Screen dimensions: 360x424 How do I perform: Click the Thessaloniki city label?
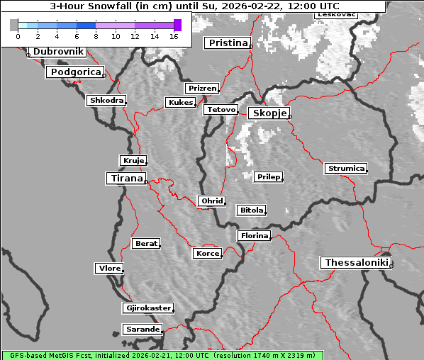coord(357,263)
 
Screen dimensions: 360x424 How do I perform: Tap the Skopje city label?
coord(268,113)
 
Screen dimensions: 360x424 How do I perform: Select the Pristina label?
coord(228,43)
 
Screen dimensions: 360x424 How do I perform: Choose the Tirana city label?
coord(125,179)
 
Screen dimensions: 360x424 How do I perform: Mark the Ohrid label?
coord(212,201)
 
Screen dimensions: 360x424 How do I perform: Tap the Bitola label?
coord(251,210)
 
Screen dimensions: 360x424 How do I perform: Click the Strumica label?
coord(346,169)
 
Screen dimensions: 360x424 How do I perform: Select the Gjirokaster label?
coord(147,308)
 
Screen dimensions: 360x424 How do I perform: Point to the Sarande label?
coord(142,330)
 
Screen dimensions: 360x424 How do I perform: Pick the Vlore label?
coord(109,268)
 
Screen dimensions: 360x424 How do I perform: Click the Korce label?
coord(207,253)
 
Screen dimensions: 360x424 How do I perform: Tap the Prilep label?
coord(268,176)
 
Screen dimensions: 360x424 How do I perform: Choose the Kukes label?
coord(180,103)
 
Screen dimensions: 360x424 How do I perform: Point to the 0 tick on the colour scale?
coord(18,35)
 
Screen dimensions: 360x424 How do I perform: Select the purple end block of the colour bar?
coord(177,25)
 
